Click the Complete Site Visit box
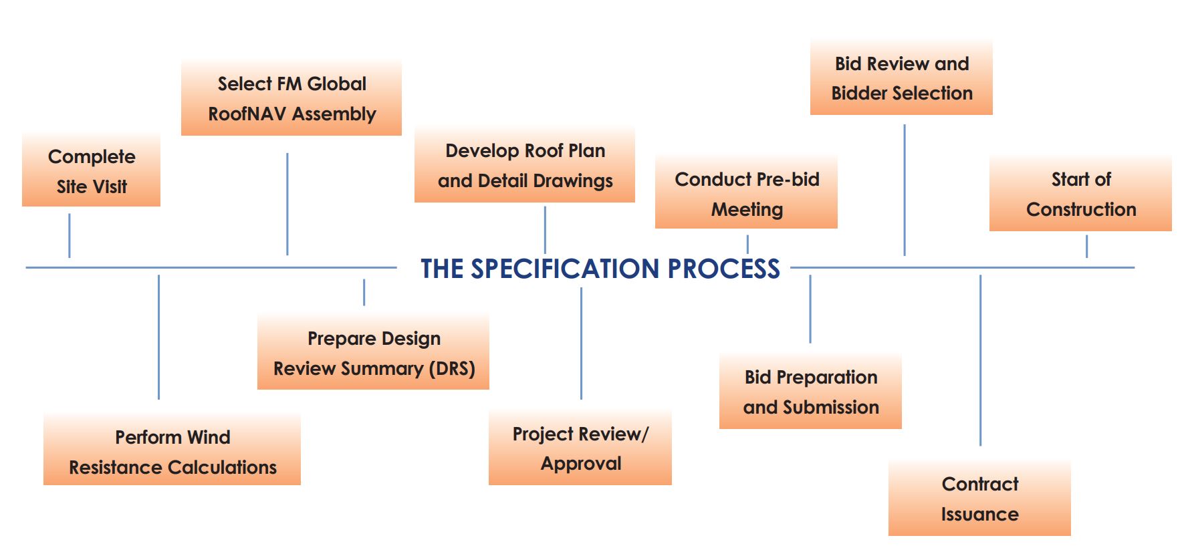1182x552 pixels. (91, 171)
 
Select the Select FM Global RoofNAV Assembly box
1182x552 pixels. (291, 98)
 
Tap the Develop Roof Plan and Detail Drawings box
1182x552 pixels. (525, 165)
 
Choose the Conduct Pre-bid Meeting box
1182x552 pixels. (746, 194)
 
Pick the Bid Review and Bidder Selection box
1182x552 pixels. (901, 78)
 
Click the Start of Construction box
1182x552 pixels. (1080, 194)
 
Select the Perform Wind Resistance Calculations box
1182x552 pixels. (172, 452)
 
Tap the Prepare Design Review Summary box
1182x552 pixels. (373, 353)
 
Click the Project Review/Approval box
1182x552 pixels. (580, 448)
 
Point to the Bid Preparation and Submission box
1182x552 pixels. (810, 392)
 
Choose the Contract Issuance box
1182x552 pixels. (979, 499)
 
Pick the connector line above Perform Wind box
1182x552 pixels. (158, 337)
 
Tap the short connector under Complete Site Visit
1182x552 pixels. (70, 235)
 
